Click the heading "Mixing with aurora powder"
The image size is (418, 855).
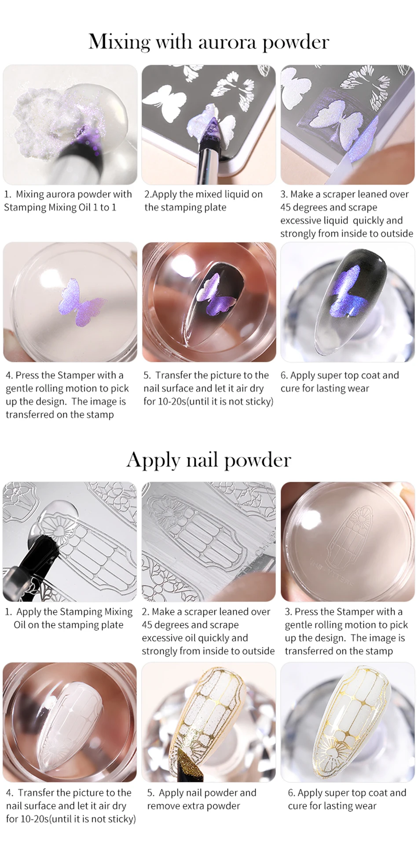tap(209, 42)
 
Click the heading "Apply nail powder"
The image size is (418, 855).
tap(209, 460)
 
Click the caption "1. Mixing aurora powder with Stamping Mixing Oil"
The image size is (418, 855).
tap(68, 201)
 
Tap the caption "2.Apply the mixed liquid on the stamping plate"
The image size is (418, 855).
tap(203, 201)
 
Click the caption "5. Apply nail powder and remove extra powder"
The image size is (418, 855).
tap(202, 799)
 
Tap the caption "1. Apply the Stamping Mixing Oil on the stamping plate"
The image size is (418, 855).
tap(69, 618)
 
